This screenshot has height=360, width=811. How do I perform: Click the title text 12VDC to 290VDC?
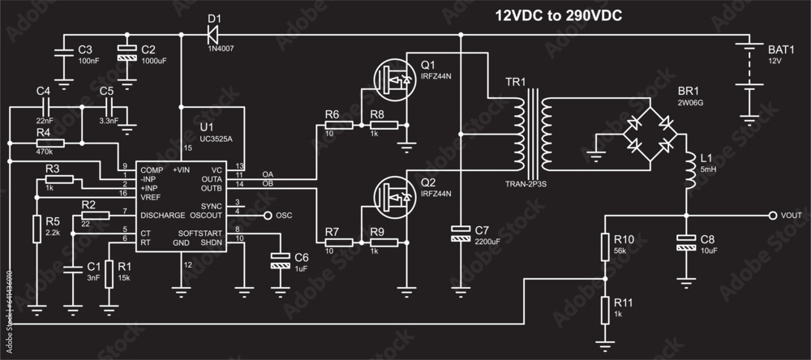[x=559, y=15]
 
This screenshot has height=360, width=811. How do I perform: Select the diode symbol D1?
[x=213, y=34]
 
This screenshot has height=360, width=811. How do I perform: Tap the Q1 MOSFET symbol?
[x=395, y=79]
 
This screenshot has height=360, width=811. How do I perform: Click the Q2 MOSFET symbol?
[x=395, y=195]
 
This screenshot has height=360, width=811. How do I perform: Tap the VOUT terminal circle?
[x=773, y=216]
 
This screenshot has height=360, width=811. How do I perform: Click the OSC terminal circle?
[x=268, y=216]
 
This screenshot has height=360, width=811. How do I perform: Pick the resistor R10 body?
[x=604, y=246]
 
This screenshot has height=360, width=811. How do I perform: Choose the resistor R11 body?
[x=604, y=308]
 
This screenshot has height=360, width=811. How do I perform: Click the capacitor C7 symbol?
[x=460, y=235]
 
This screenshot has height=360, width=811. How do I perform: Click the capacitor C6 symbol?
[x=280, y=260]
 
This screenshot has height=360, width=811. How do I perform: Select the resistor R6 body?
[x=338, y=126]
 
